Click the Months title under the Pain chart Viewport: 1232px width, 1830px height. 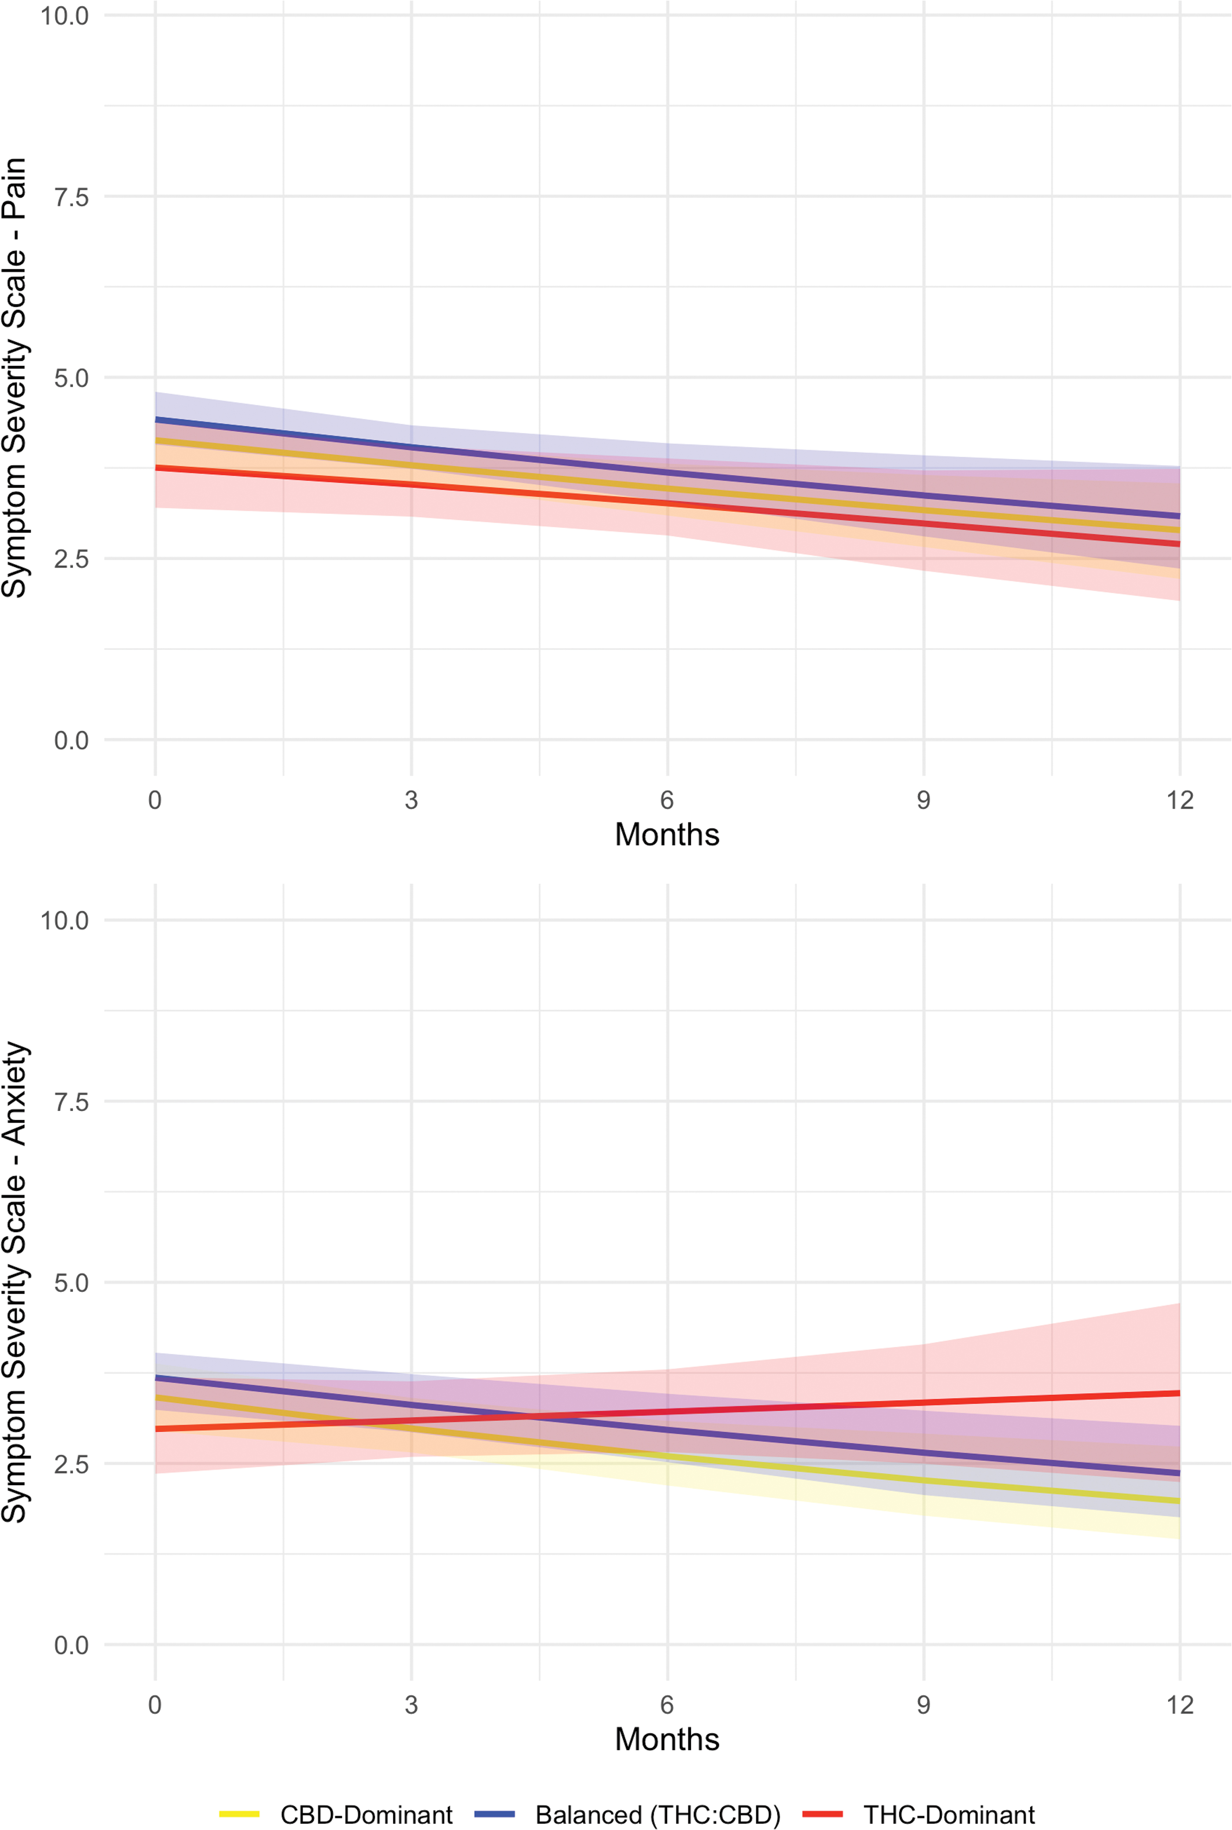pos(667,834)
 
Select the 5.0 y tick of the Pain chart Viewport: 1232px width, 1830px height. pos(71,378)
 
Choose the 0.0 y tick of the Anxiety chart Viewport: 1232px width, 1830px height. pos(71,1645)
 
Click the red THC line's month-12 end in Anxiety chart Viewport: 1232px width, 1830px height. pos(1179,1393)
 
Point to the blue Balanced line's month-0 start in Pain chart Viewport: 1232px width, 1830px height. pos(156,420)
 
